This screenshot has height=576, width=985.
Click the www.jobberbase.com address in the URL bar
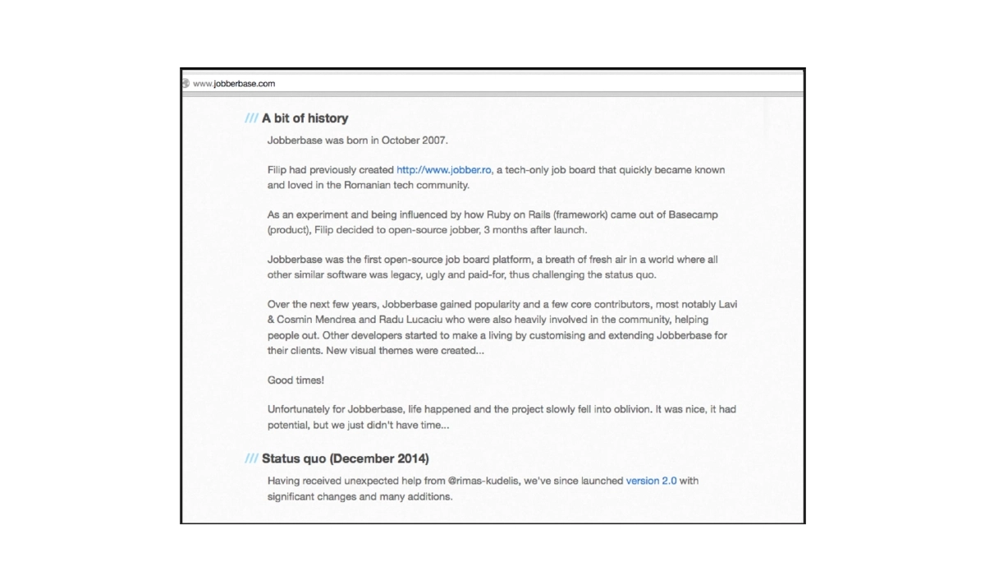(x=234, y=83)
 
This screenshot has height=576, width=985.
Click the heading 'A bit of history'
(x=305, y=118)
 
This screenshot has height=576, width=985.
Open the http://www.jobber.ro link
(x=444, y=170)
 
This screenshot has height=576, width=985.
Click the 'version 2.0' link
(x=651, y=481)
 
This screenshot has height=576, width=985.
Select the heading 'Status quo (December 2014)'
(x=345, y=458)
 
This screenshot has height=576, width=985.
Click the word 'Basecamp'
(x=693, y=214)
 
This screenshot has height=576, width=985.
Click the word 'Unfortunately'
(x=300, y=409)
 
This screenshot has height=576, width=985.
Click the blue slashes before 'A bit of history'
(x=251, y=118)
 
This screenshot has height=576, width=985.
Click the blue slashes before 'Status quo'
(x=251, y=458)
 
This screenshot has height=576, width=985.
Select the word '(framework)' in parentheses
(x=580, y=214)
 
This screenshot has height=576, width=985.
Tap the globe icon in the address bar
(x=186, y=83)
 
